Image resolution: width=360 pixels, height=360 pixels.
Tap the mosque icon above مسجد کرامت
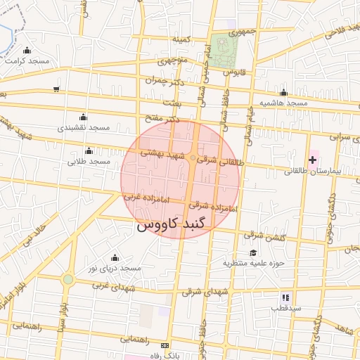(27, 50)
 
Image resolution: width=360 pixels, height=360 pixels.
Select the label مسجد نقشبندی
(84, 128)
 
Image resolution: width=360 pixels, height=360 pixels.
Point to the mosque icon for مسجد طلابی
(89, 150)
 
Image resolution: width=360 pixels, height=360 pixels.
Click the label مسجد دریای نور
(115, 269)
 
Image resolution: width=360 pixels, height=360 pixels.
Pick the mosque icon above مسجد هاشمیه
(283, 93)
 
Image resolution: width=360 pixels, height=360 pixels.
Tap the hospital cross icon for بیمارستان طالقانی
(313, 160)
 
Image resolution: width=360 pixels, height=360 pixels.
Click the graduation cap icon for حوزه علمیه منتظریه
(252, 253)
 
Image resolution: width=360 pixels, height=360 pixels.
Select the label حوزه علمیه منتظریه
(252, 264)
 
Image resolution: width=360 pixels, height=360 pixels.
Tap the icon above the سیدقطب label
(285, 297)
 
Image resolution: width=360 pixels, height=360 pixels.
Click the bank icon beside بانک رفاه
(165, 346)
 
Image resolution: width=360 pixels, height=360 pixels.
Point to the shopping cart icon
(56, 89)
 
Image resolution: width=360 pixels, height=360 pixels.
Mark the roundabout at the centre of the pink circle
(193, 158)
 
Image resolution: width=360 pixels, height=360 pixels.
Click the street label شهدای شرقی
(205, 290)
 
